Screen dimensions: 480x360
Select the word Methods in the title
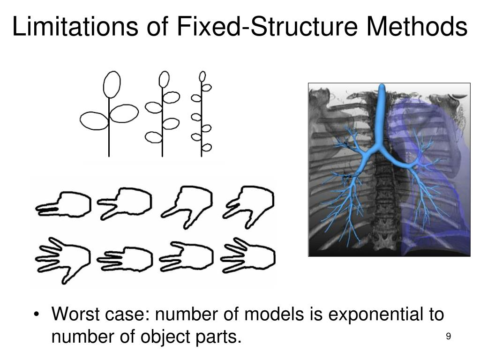(x=417, y=27)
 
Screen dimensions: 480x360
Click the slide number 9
(x=449, y=337)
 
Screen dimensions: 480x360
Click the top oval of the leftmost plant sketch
(x=112, y=84)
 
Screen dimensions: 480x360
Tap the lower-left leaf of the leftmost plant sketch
(x=94, y=121)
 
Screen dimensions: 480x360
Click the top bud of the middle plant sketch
(x=164, y=79)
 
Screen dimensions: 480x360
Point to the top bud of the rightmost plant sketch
(x=202, y=76)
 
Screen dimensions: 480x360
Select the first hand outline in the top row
(x=64, y=204)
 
